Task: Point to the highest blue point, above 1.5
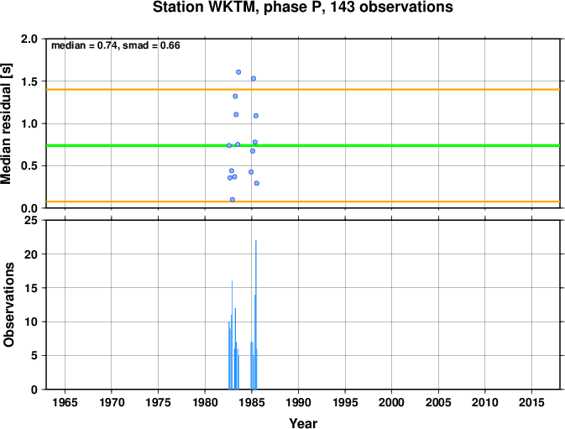click(x=238, y=72)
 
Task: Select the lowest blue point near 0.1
click(x=233, y=200)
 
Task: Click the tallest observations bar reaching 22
click(x=256, y=315)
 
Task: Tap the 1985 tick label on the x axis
click(x=252, y=402)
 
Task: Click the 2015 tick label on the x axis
click(x=531, y=402)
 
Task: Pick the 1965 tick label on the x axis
click(x=65, y=402)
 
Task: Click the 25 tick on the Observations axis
click(x=31, y=220)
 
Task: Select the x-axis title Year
click(x=303, y=423)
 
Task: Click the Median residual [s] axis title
click(x=6, y=123)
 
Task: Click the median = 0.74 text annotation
click(x=84, y=45)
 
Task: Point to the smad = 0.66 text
click(x=151, y=45)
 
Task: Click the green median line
click(x=303, y=145)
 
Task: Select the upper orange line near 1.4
click(x=303, y=89)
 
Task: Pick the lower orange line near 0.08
click(x=303, y=201)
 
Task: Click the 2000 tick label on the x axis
click(x=392, y=402)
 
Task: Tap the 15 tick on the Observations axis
click(x=31, y=288)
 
